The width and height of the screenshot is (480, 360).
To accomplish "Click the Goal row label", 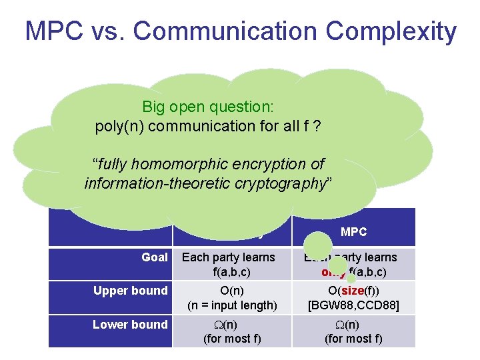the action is pos(155,257).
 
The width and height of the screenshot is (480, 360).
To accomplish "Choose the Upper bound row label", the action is pos(131,291).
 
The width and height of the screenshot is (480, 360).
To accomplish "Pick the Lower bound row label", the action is pos(131,325).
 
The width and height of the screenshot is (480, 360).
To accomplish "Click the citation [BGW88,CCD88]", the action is pos(353,305).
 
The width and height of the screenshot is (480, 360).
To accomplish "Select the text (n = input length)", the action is pos(232,305).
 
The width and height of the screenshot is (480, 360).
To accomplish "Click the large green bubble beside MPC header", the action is pos(319,244).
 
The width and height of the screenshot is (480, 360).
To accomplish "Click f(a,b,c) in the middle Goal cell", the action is pos(228,271).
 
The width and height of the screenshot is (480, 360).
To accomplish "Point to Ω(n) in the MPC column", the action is pos(353,325).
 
